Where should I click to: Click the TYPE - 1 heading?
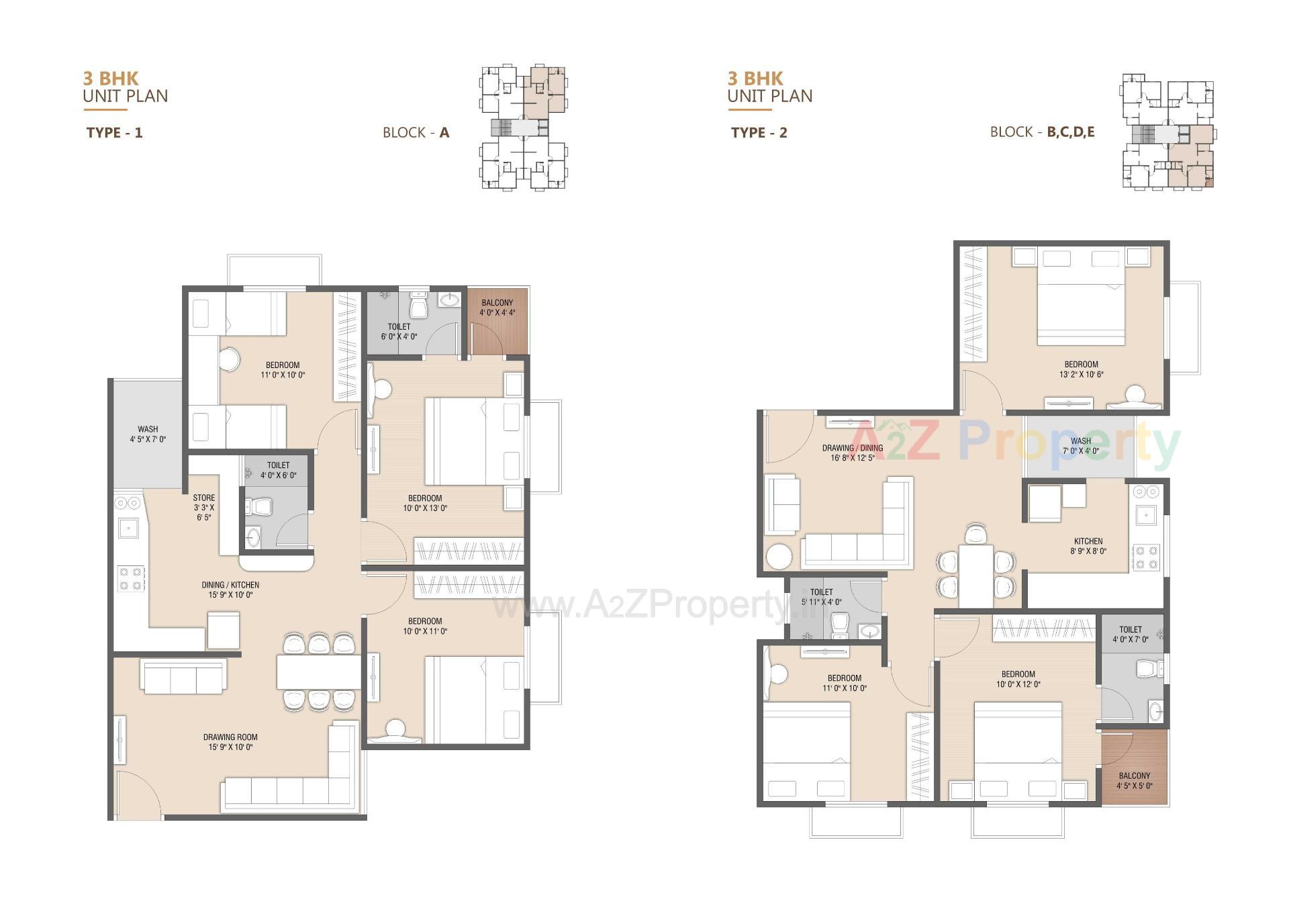click(114, 132)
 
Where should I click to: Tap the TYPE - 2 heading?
click(759, 132)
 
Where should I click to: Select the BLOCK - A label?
click(416, 132)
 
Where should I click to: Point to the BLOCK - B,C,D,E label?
click(1042, 132)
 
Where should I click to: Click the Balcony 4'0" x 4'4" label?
click(497, 308)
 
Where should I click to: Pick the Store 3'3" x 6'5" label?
click(204, 508)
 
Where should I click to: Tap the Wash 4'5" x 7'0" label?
click(148, 434)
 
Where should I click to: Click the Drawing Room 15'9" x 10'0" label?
click(230, 741)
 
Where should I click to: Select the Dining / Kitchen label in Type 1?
click(230, 590)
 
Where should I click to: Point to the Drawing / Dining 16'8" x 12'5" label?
click(853, 453)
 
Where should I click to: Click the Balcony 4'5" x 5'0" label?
click(1134, 780)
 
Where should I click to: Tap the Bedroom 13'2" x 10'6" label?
click(1081, 369)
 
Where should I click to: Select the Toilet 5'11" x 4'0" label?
click(821, 597)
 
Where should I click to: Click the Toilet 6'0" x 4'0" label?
click(399, 332)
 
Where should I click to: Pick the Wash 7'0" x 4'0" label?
click(1080, 446)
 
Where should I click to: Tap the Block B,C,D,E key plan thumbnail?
click(1167, 132)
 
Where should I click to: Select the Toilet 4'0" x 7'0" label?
click(1131, 635)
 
